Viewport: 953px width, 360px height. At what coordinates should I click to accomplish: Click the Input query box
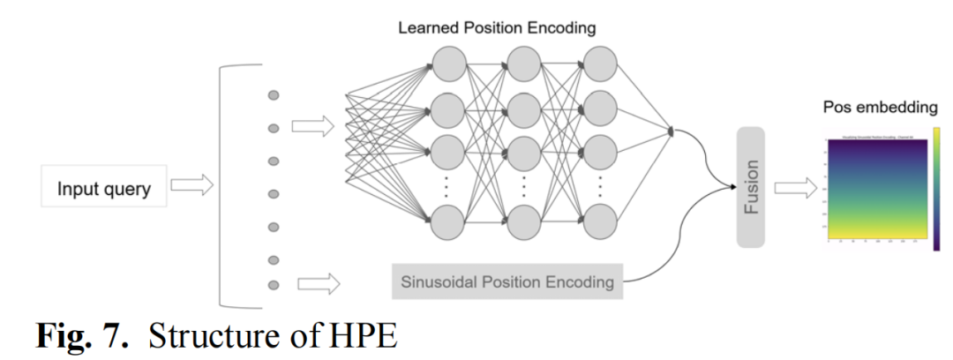coord(104,189)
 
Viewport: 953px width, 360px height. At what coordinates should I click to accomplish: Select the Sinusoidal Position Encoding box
coord(507,283)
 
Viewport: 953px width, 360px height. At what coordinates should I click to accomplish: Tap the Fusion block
coord(751,186)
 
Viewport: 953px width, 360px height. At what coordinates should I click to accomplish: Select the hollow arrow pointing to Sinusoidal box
coord(319,284)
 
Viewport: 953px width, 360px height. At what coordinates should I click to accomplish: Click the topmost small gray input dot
coord(274,95)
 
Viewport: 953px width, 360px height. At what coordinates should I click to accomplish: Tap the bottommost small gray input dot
coord(274,284)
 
